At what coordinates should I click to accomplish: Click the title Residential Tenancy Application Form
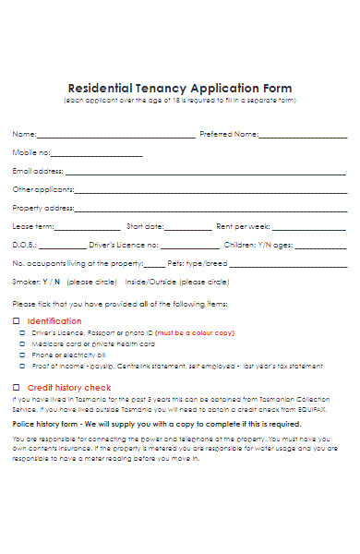point(179,81)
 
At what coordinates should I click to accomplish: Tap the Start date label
point(145,226)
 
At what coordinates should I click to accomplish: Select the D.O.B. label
point(23,246)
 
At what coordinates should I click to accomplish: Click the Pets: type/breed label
point(197,263)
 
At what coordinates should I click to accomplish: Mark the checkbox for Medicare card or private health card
point(23,343)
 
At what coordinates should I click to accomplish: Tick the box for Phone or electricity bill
point(23,355)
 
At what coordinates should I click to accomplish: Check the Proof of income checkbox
point(23,366)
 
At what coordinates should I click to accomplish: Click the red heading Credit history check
point(69,387)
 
